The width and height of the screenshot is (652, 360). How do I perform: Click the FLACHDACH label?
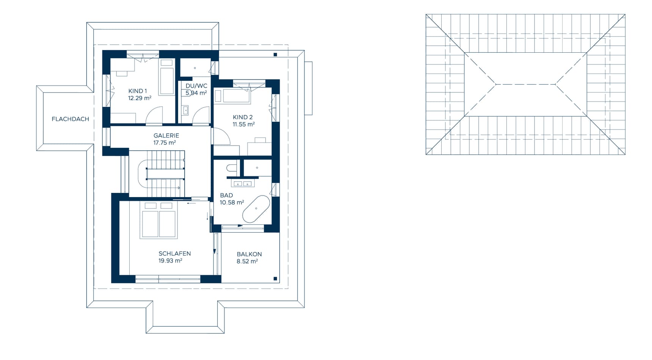coord(71,119)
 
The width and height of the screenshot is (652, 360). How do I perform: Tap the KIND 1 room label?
coord(138,91)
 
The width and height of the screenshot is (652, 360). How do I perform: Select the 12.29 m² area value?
coord(139,98)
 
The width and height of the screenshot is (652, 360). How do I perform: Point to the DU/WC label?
coord(196,86)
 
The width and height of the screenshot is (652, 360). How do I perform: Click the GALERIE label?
coord(166,135)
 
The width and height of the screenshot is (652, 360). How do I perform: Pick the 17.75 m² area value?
coord(165,142)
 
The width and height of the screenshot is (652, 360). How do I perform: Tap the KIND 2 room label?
coord(243,117)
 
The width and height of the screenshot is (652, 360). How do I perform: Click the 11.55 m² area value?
coord(243,124)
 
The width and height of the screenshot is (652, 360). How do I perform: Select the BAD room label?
coord(226,195)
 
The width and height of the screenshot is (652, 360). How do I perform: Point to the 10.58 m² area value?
coord(232,202)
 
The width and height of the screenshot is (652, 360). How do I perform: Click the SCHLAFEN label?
coord(175,254)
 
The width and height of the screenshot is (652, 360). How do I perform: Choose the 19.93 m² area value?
coord(170,260)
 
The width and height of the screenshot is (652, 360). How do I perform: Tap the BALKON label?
coord(249,254)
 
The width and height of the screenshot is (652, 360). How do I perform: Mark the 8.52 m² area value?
coord(247,261)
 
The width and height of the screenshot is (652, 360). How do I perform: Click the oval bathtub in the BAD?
coord(256,209)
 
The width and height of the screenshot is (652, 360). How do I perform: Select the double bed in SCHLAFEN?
coord(159,220)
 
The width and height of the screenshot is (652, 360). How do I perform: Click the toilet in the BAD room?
coord(232,168)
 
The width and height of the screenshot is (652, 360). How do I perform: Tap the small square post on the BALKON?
coord(276,279)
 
